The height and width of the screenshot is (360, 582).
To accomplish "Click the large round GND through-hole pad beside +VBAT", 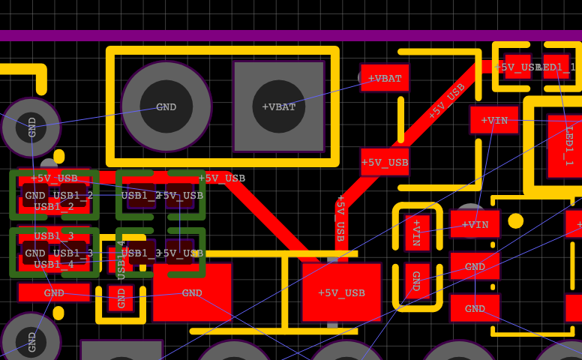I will [166, 106].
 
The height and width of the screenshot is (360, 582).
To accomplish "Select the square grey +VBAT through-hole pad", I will [278, 106].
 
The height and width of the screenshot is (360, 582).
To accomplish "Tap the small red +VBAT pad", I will [385, 78].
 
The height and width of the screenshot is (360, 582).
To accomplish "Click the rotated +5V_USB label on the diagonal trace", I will [446, 101].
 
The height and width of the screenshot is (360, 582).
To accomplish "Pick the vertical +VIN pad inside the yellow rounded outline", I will [417, 232].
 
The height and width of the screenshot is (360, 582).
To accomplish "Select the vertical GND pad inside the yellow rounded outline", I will [417, 281].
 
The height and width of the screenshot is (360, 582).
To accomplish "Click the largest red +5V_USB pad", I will [341, 292].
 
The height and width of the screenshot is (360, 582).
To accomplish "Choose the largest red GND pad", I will [192, 292].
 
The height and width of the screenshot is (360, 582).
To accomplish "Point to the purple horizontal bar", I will [291, 35].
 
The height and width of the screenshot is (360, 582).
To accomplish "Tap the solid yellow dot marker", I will [515, 221].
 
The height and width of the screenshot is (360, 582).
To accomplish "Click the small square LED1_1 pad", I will [556, 67].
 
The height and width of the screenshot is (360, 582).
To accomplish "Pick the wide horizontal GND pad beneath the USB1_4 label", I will [54, 292].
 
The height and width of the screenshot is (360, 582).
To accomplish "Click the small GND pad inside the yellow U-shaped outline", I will [121, 298].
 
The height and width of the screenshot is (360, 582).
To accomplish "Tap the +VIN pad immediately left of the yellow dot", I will [475, 224].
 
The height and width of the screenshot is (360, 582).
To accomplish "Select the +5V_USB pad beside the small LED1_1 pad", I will [517, 67].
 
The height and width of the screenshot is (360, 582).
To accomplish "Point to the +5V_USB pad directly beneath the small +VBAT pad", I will [385, 162].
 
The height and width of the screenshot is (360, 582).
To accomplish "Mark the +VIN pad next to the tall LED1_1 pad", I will [494, 120].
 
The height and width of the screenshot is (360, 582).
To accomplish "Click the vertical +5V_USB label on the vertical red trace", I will [340, 217].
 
